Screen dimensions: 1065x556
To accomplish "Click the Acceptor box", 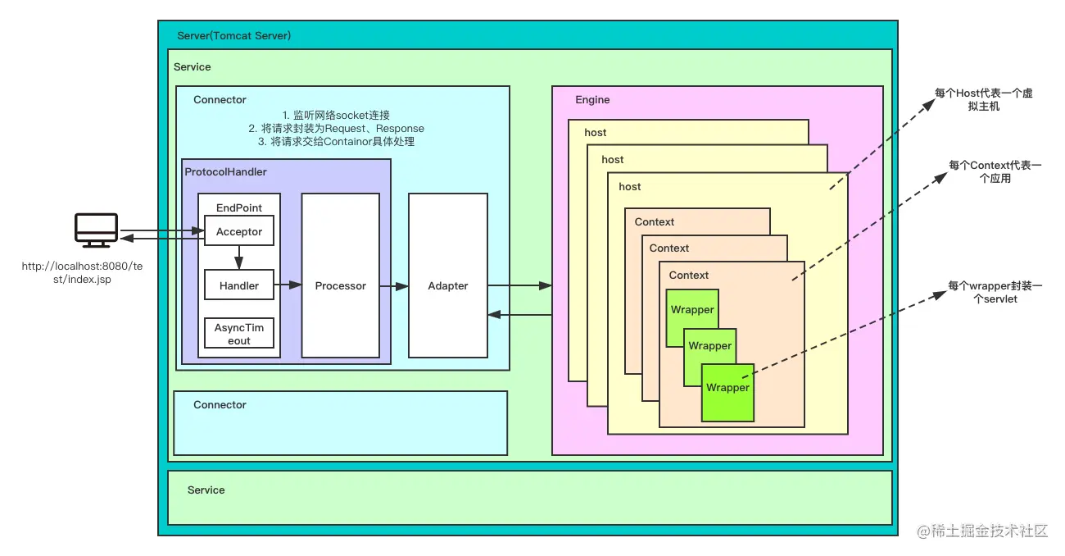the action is point(239,231).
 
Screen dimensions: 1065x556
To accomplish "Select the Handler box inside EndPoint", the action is point(239,285).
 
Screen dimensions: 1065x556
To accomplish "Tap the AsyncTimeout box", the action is point(239,333).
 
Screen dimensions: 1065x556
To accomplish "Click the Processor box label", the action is point(341,285).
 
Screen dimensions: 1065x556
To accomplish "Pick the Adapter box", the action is point(448,276).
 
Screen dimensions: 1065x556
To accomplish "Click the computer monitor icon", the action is point(96,230).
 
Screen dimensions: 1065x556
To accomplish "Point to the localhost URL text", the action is point(82,273).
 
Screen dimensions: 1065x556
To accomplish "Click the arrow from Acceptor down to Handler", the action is point(238,257).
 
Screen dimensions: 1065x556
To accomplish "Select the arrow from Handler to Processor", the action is point(288,285).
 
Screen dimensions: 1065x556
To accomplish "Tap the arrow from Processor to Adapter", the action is point(394,286).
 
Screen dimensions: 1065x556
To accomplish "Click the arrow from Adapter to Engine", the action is point(519,285).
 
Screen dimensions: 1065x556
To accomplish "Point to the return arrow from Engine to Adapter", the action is point(519,315).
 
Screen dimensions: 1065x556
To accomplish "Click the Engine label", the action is point(592,99).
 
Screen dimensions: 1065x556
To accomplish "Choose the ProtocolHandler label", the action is point(225,172).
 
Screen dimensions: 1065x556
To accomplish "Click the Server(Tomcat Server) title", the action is point(234,36).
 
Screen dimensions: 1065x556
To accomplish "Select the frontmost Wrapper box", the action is point(727,393).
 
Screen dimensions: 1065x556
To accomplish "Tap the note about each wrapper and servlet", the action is point(995,292).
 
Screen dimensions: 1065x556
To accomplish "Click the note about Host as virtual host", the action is point(984,99).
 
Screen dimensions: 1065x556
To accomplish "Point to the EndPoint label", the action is point(238,207).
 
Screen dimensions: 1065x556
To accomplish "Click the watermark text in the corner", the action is point(982,531).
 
